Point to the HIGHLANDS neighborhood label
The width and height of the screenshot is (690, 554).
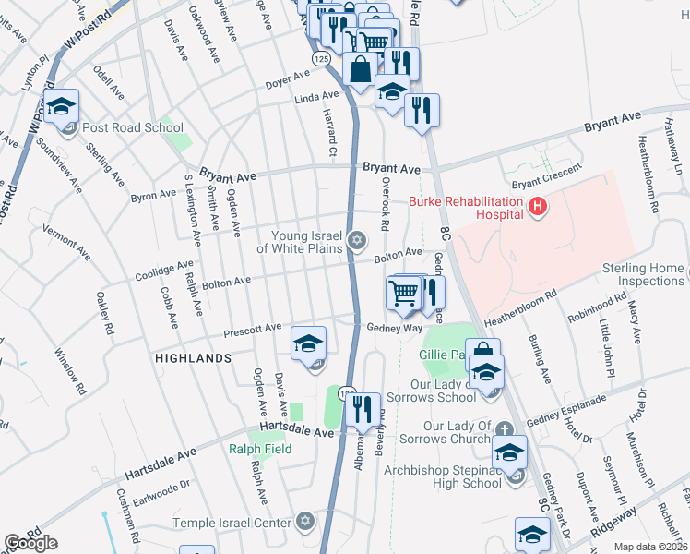point(193,357)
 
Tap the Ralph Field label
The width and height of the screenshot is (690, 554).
point(260,450)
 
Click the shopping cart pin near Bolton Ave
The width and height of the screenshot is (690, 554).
point(402,294)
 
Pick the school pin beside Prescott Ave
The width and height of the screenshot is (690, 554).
point(309,344)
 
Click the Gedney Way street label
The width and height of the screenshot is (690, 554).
point(394,328)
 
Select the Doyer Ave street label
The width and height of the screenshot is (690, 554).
point(287,80)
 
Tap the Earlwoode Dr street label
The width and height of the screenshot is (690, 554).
point(161,484)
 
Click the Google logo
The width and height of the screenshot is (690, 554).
point(30,543)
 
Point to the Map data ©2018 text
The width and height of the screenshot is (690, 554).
point(650,547)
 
